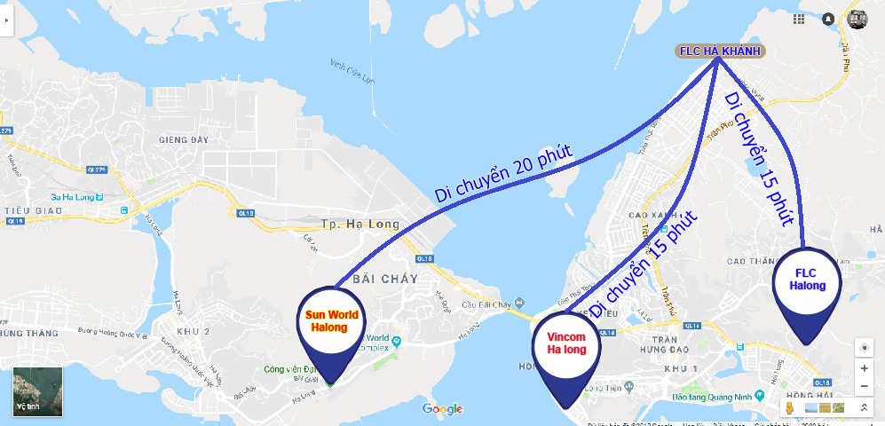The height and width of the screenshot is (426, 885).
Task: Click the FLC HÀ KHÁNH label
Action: [720, 51]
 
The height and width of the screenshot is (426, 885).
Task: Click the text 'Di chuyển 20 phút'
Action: [502, 174]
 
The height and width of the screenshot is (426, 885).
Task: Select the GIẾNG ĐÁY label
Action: [182, 139]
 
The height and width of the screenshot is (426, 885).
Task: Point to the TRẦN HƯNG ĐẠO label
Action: [665, 347]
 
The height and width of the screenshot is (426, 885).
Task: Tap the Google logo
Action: [442, 408]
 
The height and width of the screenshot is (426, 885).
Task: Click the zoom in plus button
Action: [865, 368]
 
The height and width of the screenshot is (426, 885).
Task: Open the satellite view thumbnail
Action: [37, 391]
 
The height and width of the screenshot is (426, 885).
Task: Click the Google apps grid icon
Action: [800, 19]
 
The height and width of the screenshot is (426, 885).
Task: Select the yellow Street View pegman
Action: [787, 407]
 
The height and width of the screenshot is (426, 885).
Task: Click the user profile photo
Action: [857, 19]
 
